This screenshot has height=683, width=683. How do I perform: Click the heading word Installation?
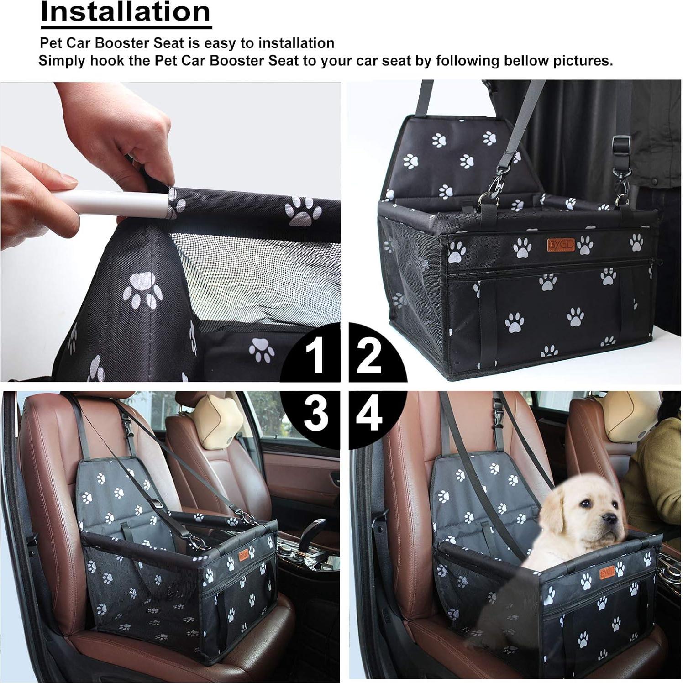pyautogui.click(x=126, y=12)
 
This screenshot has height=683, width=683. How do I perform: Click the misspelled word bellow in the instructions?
pyautogui.click(x=528, y=61)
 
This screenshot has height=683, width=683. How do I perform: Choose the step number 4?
pyautogui.click(x=369, y=414)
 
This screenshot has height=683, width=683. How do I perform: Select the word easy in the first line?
pyautogui.click(x=220, y=43)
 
